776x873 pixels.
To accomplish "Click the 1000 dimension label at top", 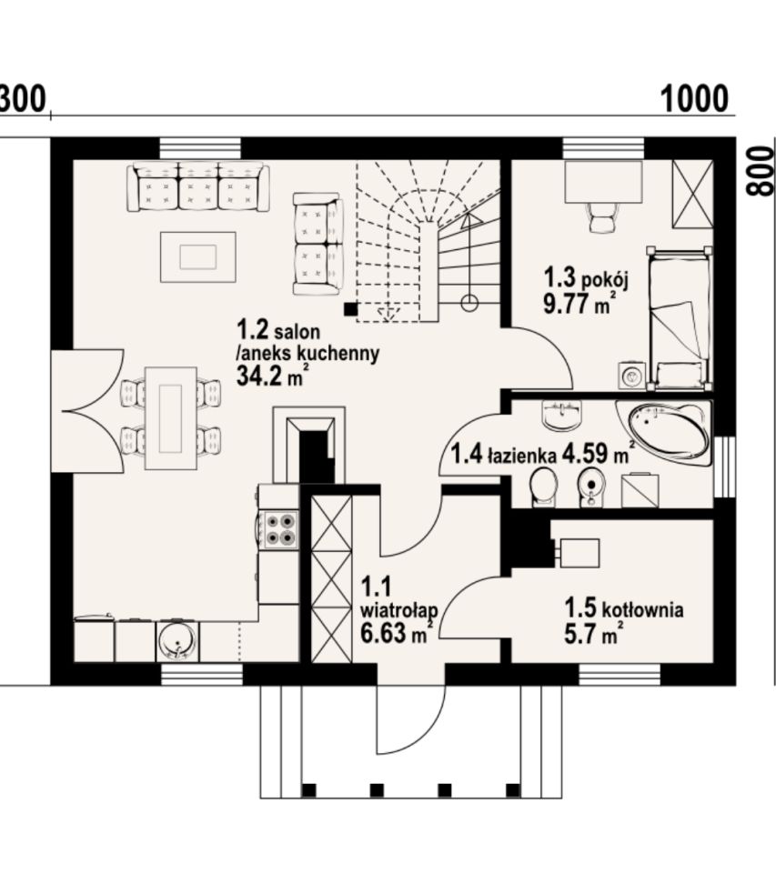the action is [x=694, y=99].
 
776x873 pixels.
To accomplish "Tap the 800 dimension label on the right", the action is [x=761, y=171].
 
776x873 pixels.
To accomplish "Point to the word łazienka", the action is [x=522, y=456].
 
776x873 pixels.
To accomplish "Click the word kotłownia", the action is [x=642, y=609].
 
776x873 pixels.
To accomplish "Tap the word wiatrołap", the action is [x=398, y=611].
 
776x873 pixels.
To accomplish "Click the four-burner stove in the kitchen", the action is [x=280, y=529].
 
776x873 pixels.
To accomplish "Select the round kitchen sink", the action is [x=177, y=641].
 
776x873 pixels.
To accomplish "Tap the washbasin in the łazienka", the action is [x=561, y=415].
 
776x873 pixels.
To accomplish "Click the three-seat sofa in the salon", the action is [x=198, y=186].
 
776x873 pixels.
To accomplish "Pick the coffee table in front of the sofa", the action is [x=198, y=257].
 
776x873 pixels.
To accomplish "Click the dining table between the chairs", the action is [x=171, y=418].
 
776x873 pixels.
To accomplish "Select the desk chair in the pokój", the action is [x=603, y=216].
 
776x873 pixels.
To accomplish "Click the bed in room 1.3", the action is [x=679, y=318].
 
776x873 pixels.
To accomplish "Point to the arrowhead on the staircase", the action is [x=471, y=221].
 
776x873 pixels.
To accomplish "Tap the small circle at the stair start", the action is [x=470, y=304].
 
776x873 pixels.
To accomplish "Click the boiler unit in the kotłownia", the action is [x=579, y=553].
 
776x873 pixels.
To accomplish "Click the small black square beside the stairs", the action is [x=350, y=309].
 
